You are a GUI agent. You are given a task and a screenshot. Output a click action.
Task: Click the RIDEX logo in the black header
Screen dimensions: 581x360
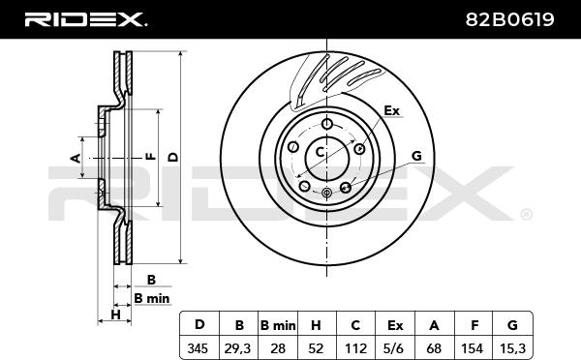tap(85, 19)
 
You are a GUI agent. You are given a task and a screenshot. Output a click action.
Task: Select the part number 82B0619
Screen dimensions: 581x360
tap(510, 19)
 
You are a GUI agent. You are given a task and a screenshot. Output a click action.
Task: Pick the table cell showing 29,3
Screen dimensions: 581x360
tap(237, 348)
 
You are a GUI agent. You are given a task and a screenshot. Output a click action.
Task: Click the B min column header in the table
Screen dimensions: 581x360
tap(278, 325)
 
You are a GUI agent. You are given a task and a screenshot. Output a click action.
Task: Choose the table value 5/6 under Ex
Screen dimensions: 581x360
tap(395, 348)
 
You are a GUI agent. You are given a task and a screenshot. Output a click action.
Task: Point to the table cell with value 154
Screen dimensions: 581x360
tap(473, 348)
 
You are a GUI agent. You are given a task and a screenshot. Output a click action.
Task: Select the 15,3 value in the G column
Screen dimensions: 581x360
tap(512, 348)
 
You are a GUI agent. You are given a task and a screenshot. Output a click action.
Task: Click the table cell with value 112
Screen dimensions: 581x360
tap(355, 348)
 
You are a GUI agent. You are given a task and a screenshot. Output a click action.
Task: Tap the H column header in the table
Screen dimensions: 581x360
tap(316, 325)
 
